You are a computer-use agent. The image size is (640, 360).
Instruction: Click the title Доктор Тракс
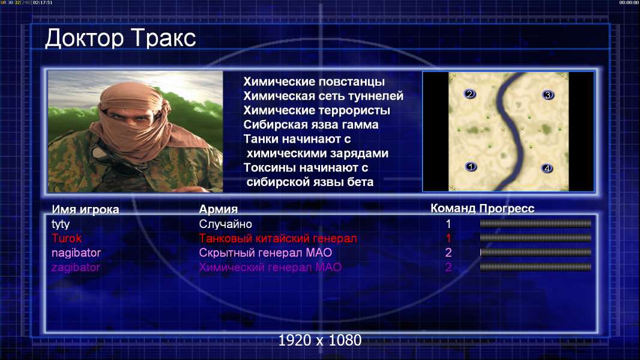pyautogui.click(x=121, y=39)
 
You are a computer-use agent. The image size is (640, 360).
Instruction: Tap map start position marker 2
pyautogui.click(x=469, y=94)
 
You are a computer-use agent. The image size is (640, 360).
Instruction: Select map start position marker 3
pyautogui.click(x=548, y=95)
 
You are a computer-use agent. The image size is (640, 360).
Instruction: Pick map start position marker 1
pyautogui.click(x=471, y=167)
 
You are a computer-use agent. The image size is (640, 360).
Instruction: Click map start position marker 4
pyautogui.click(x=547, y=169)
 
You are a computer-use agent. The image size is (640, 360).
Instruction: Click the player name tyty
pyautogui.click(x=61, y=224)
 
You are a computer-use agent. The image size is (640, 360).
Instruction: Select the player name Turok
pyautogui.click(x=67, y=239)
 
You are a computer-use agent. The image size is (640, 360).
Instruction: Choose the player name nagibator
pyautogui.click(x=76, y=253)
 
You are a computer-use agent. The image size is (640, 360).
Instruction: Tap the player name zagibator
pyautogui.click(x=76, y=268)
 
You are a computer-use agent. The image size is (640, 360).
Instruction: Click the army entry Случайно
pyautogui.click(x=225, y=224)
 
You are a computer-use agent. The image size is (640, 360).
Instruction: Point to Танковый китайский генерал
pyautogui.click(x=278, y=239)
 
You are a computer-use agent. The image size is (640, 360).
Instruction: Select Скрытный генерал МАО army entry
pyautogui.click(x=265, y=253)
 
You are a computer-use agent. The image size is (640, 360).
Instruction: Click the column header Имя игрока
pyautogui.click(x=85, y=209)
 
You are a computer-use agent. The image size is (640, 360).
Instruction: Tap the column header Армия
pyautogui.click(x=218, y=209)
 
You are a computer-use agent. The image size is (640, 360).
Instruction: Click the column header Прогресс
pyautogui.click(x=507, y=209)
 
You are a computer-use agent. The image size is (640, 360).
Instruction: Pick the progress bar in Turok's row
pyautogui.click(x=536, y=238)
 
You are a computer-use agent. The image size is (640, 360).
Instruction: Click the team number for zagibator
pyautogui.click(x=448, y=268)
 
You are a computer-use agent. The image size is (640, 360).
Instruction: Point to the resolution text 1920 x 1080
pyautogui.click(x=320, y=340)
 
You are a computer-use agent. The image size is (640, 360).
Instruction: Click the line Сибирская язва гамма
pyautogui.click(x=311, y=125)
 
